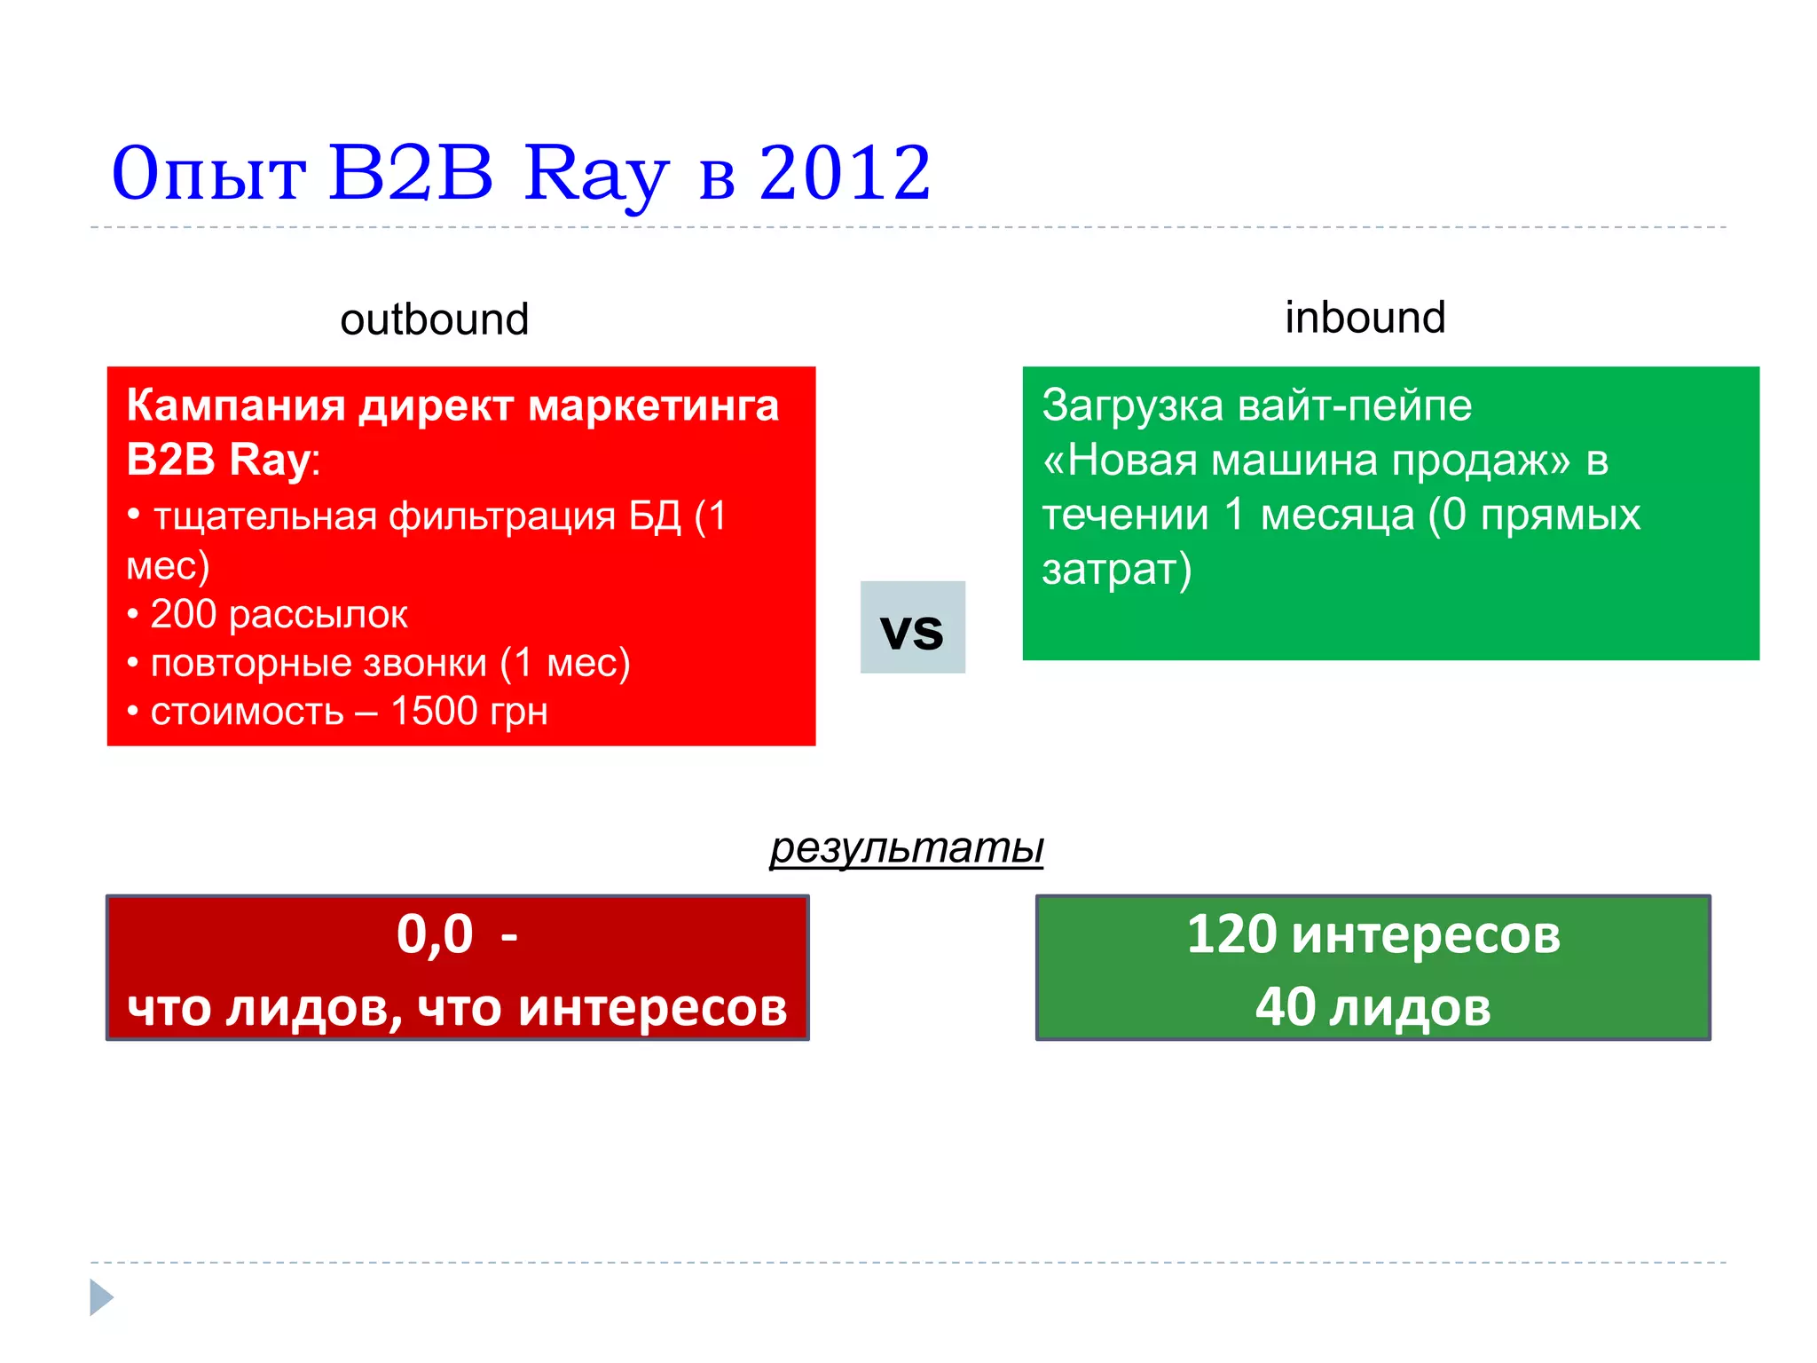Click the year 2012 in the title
(845, 173)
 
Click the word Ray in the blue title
(594, 175)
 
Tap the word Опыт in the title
(208, 175)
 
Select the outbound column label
(434, 319)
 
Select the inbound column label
(1365, 318)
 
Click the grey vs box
(912, 628)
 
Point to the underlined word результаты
(906, 847)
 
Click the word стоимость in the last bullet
(247, 712)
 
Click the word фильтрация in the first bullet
(502, 516)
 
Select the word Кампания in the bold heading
(235, 406)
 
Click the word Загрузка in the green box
(1133, 406)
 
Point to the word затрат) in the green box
(1116, 570)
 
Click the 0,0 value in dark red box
(434, 934)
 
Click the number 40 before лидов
(1285, 1007)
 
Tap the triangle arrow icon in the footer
(101, 1297)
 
